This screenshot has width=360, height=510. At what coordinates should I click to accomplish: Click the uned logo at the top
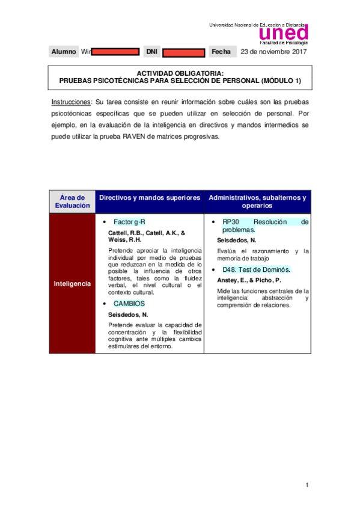[x=283, y=32]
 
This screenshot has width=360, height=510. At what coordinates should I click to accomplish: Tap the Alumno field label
[x=64, y=52]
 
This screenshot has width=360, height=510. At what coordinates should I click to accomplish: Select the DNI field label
[x=151, y=52]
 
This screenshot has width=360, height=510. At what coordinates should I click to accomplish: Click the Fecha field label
[x=221, y=52]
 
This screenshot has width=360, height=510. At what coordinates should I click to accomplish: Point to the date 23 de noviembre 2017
[x=273, y=52]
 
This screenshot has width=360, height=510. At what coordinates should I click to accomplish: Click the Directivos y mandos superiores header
[x=150, y=197]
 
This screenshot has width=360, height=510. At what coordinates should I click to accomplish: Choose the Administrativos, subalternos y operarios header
[x=257, y=201]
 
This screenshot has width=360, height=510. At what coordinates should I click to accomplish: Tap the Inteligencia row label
[x=72, y=283]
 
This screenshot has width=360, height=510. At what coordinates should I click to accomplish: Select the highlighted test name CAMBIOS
[x=129, y=304]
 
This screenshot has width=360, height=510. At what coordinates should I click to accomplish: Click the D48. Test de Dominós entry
[x=256, y=269]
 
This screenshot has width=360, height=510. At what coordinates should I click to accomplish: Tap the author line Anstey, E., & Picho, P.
[x=249, y=280]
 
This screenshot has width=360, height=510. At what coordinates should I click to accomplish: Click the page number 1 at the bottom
[x=307, y=485]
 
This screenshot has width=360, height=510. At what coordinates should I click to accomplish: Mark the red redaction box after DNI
[x=184, y=52]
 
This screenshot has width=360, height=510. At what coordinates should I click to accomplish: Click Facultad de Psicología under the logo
[x=283, y=43]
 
